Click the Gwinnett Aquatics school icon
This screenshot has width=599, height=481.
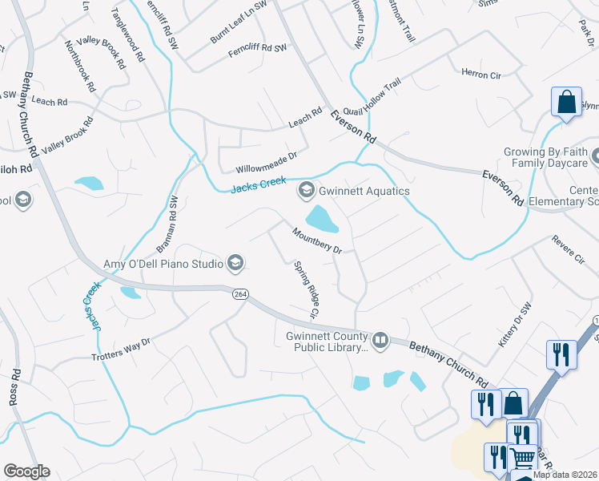click(305, 191)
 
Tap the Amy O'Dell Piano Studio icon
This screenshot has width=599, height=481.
click(235, 263)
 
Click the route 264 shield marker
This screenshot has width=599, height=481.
click(240, 294)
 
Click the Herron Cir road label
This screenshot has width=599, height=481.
click(480, 74)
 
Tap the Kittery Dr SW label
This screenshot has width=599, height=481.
click(515, 325)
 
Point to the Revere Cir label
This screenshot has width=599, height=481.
click(569, 249)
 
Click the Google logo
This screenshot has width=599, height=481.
click(26, 471)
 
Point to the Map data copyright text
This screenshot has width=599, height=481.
click(565, 475)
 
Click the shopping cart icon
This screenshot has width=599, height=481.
click(522, 458)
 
